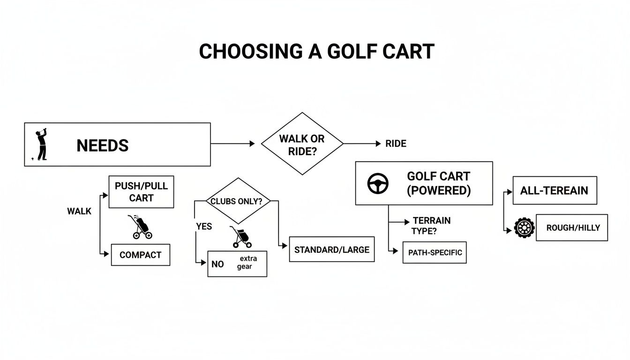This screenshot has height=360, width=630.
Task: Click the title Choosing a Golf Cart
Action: tap(316, 51)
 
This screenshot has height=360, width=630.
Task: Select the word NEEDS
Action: tap(102, 145)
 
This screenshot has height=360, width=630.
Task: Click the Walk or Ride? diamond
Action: tap(302, 144)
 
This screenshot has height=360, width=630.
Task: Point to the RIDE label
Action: tap(396, 144)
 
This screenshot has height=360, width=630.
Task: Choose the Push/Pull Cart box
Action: tap(141, 192)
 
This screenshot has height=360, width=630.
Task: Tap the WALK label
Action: tap(79, 211)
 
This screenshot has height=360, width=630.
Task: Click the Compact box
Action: tap(140, 255)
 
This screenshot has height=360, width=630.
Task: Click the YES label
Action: tap(204, 226)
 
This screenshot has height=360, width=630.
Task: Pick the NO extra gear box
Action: tap(237, 263)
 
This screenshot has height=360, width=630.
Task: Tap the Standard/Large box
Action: tap(331, 249)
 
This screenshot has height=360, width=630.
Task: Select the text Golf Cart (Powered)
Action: tap(438, 183)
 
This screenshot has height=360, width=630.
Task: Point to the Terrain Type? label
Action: tap(431, 225)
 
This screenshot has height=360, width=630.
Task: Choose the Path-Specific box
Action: tap(435, 253)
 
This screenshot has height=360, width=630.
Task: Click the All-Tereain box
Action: tap(555, 190)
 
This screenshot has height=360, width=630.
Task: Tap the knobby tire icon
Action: tap(524, 228)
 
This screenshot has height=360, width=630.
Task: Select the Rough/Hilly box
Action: tap(571, 228)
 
